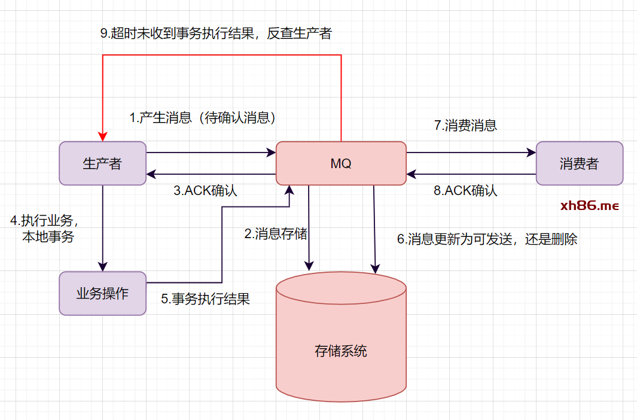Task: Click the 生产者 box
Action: (x=102, y=163)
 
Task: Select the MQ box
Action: (x=341, y=163)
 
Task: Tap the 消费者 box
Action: (x=579, y=163)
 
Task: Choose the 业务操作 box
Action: (x=102, y=293)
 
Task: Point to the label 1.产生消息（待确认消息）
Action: (x=203, y=118)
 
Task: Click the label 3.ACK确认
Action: (x=206, y=191)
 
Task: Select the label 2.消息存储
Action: (x=276, y=234)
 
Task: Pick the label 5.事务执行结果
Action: (x=205, y=299)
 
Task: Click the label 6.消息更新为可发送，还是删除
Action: (x=487, y=239)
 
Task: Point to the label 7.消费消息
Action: (x=465, y=126)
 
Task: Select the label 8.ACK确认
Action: (x=465, y=191)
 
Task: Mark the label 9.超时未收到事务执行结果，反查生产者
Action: (x=215, y=34)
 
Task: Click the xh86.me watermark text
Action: (x=589, y=206)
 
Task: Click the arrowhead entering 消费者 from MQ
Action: (x=532, y=153)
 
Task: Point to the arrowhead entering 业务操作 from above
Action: (x=103, y=267)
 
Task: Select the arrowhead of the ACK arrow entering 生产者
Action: (x=151, y=174)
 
